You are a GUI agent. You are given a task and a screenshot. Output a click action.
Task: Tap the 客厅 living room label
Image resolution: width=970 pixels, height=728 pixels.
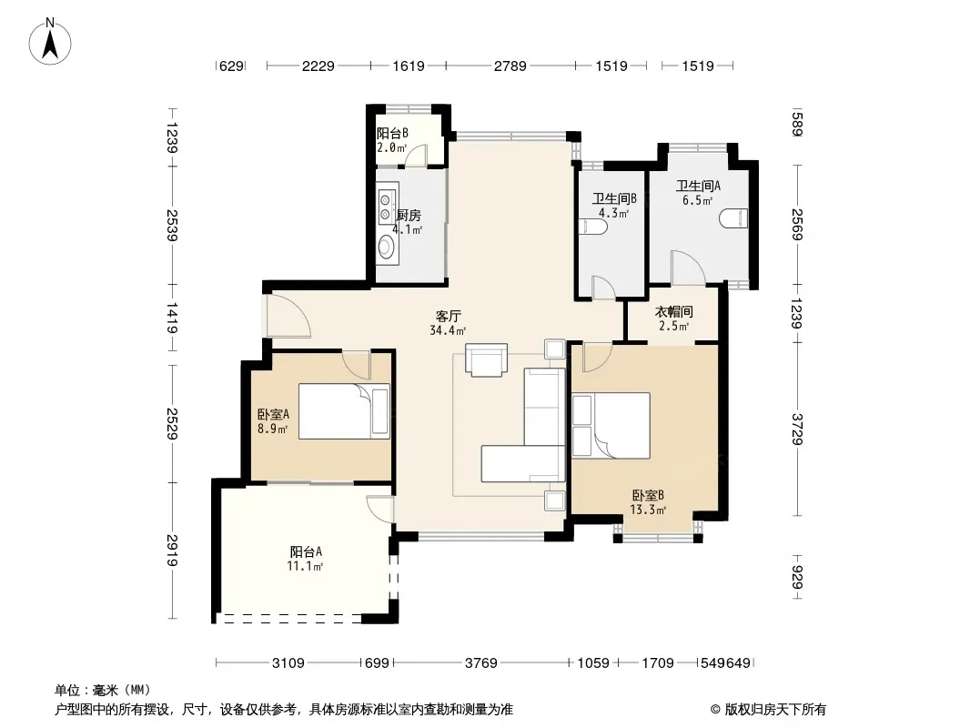(448, 316)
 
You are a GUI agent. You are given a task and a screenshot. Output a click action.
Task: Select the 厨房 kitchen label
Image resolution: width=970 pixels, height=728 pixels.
(409, 215)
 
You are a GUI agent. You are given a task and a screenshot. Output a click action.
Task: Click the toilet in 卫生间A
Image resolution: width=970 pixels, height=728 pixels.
(733, 218)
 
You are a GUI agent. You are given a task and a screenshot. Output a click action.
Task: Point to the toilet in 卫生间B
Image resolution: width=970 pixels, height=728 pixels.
(593, 227)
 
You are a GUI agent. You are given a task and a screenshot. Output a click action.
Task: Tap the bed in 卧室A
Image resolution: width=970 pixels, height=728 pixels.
(344, 411)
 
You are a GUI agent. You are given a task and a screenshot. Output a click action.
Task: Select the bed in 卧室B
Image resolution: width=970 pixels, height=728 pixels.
(611, 426)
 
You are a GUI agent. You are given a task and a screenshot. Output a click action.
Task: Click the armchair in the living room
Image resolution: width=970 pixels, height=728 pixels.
(487, 360)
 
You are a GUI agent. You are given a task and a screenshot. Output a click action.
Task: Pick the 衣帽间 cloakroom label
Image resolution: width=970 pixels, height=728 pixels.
(673, 312)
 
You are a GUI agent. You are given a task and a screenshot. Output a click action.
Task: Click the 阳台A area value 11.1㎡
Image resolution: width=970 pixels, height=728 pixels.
(305, 566)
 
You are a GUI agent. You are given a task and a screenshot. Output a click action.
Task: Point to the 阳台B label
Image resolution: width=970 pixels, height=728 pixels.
(392, 133)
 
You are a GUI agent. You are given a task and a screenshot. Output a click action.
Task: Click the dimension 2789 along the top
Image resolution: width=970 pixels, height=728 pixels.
(510, 66)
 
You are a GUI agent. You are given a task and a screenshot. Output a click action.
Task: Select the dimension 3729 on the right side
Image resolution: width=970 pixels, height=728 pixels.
(797, 430)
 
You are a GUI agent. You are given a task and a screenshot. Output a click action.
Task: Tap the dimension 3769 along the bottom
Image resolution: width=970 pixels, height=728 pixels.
(480, 663)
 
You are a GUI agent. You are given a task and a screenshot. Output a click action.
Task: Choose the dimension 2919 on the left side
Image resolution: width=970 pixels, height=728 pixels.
(172, 550)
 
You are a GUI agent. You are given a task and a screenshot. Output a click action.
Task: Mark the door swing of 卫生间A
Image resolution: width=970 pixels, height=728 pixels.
(688, 268)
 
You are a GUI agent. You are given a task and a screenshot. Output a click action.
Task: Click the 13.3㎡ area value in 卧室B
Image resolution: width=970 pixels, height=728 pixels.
(648, 511)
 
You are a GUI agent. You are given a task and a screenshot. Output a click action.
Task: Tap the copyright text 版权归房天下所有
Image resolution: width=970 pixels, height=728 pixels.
(775, 710)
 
